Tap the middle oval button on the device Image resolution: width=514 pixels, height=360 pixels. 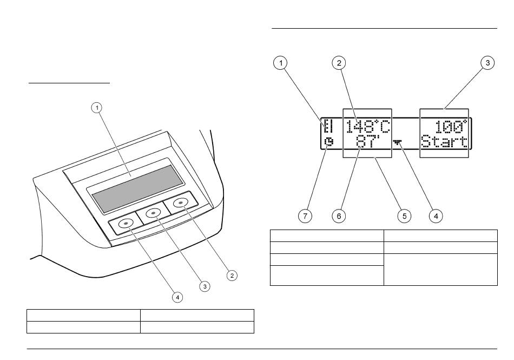[x=153, y=213]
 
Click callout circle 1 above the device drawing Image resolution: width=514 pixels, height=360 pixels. [x=97, y=108]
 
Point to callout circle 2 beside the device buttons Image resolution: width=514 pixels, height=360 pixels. [x=232, y=276]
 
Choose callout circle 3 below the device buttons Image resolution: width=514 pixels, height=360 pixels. [x=205, y=286]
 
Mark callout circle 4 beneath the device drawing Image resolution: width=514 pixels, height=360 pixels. [x=177, y=297]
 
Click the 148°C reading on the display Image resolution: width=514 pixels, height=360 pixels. [x=368, y=127]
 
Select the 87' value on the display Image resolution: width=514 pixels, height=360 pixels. [x=368, y=142]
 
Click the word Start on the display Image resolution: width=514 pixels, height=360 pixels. [x=444, y=142]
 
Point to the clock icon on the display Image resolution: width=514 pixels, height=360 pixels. [x=328, y=142]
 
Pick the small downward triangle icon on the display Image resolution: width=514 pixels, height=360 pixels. [x=400, y=142]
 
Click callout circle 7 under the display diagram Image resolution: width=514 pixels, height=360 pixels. [x=305, y=215]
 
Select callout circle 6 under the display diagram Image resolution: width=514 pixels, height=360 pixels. [x=339, y=215]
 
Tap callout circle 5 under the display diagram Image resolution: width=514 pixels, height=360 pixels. [x=403, y=215]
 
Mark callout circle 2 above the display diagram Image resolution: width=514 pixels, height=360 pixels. [x=339, y=63]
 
